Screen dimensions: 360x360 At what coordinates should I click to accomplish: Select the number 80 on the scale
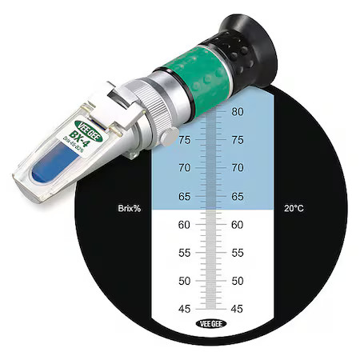coord(237,112)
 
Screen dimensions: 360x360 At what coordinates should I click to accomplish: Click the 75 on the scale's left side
coord(184,140)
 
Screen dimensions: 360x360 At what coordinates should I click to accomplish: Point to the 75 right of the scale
coord(237,140)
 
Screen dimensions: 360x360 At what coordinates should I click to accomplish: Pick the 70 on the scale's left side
coord(184,168)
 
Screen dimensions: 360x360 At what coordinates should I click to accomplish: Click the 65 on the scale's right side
coord(237,197)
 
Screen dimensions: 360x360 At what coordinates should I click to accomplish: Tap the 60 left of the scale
coord(184,225)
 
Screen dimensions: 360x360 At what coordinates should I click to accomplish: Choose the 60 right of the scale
coord(237,225)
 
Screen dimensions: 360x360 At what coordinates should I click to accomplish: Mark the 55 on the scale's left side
coord(184,253)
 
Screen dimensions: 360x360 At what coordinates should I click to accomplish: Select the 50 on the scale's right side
coord(237,281)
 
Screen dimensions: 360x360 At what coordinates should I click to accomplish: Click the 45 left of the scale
coord(184,309)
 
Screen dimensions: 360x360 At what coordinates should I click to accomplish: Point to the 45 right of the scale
coord(237,309)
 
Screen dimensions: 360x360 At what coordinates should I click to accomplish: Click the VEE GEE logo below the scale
coord(210,324)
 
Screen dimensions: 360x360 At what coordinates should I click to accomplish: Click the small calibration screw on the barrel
coord(167,137)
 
